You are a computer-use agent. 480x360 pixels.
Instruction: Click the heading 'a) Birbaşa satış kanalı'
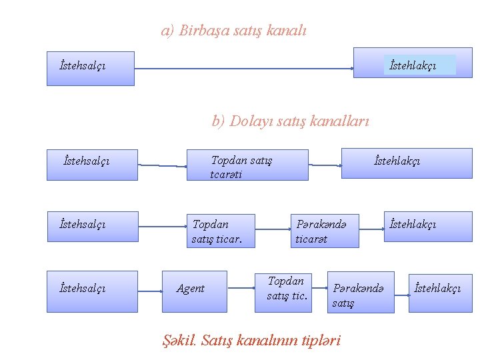pos(234,30)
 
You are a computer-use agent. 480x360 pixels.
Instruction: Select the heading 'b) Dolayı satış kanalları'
pos(290,121)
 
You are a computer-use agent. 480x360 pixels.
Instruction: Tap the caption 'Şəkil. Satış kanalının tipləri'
pos(252,340)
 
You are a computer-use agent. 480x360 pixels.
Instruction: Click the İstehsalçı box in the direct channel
pos(90,68)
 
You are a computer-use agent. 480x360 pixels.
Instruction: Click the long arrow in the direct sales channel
pos(243,68)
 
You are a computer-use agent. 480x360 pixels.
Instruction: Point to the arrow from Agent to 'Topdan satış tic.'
pos(241,289)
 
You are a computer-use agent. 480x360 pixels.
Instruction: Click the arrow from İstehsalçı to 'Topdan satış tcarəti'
pos(161,165)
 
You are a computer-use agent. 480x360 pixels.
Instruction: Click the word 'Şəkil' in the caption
pos(179,340)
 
